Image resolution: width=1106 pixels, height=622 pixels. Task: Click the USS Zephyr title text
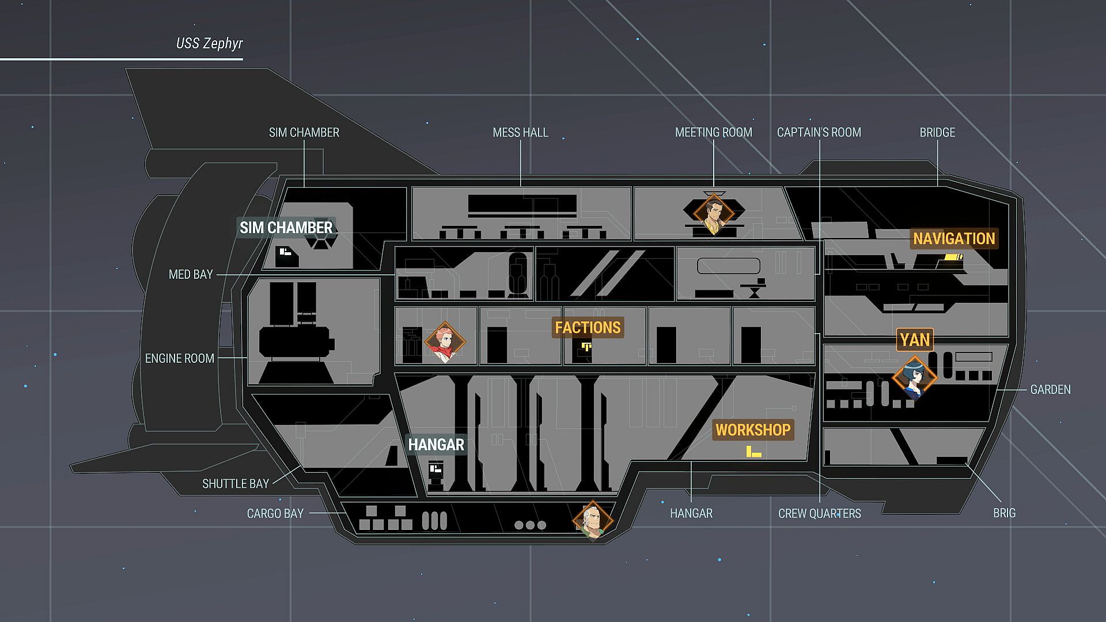tap(209, 44)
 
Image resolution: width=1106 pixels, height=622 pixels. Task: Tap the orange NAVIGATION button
tap(954, 238)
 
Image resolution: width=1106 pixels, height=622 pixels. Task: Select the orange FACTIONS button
tap(588, 328)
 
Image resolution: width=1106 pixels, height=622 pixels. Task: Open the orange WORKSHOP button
tap(753, 430)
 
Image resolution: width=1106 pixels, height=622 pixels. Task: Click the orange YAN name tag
tap(915, 340)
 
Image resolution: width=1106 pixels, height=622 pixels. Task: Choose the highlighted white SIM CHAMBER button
tap(286, 227)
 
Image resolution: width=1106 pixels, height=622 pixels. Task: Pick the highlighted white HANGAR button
tap(436, 445)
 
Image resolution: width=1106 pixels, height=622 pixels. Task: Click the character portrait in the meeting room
tap(714, 214)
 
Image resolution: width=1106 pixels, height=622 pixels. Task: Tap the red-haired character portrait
tap(445, 342)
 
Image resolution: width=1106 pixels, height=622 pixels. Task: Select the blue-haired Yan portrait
tap(914, 378)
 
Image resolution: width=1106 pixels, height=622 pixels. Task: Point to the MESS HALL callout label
tap(520, 132)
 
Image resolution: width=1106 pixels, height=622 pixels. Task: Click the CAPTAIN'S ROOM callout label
tap(819, 132)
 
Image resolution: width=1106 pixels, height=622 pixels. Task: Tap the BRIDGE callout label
tap(937, 132)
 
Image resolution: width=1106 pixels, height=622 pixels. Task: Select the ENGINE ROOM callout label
tap(179, 358)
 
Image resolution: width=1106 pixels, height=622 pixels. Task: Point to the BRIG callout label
tap(1004, 513)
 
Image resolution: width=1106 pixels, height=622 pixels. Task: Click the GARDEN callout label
tap(1050, 390)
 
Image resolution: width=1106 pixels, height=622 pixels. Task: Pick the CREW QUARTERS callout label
tap(819, 513)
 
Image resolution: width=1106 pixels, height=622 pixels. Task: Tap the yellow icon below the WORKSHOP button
tap(753, 452)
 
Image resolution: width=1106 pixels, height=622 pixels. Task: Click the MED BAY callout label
tap(191, 275)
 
